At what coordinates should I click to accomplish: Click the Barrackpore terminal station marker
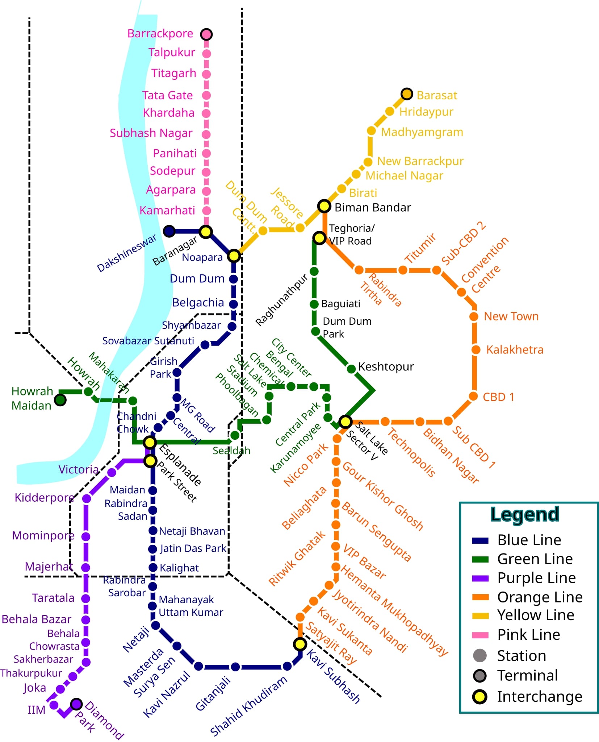(x=206, y=34)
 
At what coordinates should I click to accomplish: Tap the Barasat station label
(x=436, y=95)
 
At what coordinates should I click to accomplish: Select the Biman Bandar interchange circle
(x=324, y=206)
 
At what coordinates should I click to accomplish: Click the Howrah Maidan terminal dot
(x=60, y=400)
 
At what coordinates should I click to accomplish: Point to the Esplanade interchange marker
(x=150, y=442)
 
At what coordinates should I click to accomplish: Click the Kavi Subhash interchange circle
(x=300, y=644)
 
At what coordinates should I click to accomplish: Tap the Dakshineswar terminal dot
(x=169, y=231)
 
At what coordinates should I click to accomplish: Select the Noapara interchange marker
(x=234, y=256)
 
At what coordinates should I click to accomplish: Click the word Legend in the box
(x=524, y=514)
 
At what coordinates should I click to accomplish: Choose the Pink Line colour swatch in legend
(x=480, y=635)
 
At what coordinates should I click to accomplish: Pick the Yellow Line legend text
(x=535, y=615)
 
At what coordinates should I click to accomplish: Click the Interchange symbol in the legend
(x=480, y=697)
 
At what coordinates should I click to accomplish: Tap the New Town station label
(x=511, y=316)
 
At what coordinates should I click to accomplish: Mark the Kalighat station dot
(x=153, y=567)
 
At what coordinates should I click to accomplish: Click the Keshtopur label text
(x=386, y=366)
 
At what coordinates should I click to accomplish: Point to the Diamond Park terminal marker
(x=76, y=704)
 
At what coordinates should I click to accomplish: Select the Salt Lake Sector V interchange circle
(x=345, y=422)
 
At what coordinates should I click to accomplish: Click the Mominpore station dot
(x=86, y=536)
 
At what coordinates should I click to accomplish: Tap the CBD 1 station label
(x=498, y=397)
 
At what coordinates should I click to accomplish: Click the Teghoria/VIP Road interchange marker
(x=319, y=238)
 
